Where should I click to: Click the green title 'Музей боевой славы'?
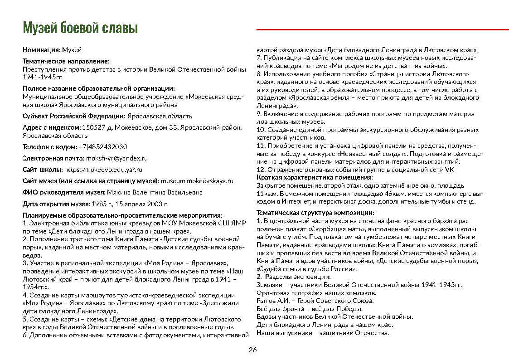click(80, 28)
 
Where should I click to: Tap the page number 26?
click(253, 350)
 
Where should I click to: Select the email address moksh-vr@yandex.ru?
click(117, 158)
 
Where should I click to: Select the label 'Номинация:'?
click(42, 49)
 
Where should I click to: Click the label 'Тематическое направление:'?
click(66, 61)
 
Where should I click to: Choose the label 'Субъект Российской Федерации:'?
click(74, 116)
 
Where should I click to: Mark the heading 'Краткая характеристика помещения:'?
click(314, 177)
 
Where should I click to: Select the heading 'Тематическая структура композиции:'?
click(315, 213)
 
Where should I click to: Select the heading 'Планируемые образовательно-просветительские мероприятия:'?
click(122, 215)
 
